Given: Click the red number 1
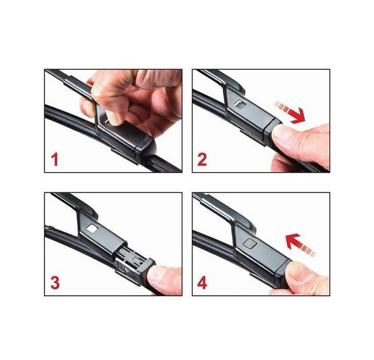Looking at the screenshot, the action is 55,159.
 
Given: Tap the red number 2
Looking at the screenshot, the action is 202,159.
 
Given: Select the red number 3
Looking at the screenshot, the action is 55,283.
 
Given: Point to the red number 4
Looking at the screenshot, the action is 203,283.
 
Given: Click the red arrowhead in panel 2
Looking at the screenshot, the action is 298,115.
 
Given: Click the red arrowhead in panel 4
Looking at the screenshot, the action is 293,241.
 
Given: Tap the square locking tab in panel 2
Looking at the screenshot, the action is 241,104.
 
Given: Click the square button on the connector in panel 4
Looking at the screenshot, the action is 250,243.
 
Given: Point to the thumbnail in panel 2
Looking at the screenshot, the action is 281,133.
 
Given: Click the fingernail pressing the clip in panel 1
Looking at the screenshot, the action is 114,118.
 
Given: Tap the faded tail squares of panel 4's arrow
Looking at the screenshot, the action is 308,250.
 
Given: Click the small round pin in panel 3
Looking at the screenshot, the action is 126,270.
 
